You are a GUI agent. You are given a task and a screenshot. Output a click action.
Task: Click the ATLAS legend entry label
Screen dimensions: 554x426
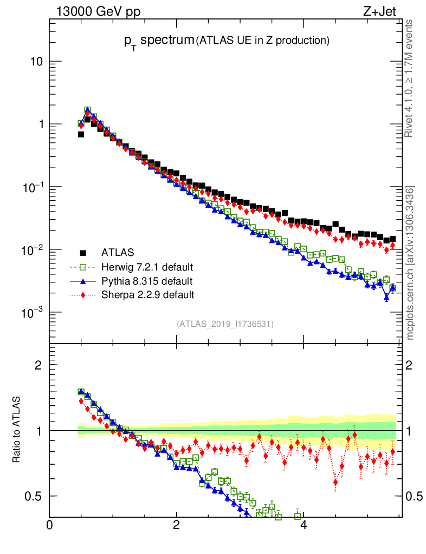tap(118, 253)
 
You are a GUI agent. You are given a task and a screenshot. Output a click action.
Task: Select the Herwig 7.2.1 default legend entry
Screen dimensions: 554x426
tap(147, 267)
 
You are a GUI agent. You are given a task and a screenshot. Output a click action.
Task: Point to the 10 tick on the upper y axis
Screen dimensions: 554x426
tap(36, 62)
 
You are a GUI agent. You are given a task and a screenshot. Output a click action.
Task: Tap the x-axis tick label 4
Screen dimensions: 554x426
tap(304, 525)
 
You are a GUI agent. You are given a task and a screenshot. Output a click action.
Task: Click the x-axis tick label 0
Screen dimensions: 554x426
tap(50, 525)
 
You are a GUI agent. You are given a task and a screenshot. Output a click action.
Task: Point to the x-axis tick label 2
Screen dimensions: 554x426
tap(177, 525)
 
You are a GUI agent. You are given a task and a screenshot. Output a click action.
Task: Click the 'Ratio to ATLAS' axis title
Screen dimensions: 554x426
tap(17, 430)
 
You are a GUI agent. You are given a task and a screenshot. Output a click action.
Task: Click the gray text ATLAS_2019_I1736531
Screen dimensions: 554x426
tap(225, 324)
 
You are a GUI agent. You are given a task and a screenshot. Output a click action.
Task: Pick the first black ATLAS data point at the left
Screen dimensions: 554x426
tap(81, 134)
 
